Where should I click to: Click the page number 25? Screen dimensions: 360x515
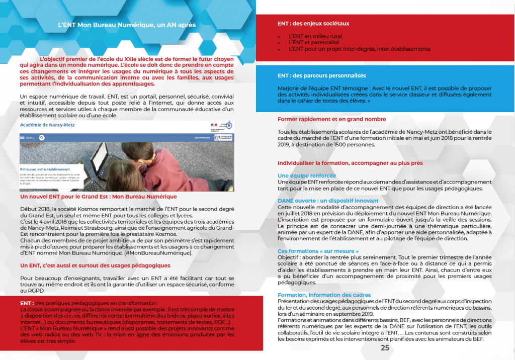(x=385, y=348)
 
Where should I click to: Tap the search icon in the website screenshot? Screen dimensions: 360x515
(x=41, y=137)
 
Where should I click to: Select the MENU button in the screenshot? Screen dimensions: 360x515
(x=28, y=137)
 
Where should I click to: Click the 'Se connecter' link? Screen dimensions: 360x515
(x=202, y=137)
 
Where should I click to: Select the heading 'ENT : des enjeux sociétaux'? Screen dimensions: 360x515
(x=313, y=24)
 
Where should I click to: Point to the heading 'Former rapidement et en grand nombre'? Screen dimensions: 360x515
(x=332, y=119)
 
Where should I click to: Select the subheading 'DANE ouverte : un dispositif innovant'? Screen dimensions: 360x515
(x=328, y=201)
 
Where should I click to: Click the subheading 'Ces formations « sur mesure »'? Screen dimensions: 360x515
(x=318, y=251)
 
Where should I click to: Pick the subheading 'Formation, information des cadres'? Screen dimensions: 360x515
(x=324, y=295)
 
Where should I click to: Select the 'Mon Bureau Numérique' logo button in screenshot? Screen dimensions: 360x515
(x=223, y=137)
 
